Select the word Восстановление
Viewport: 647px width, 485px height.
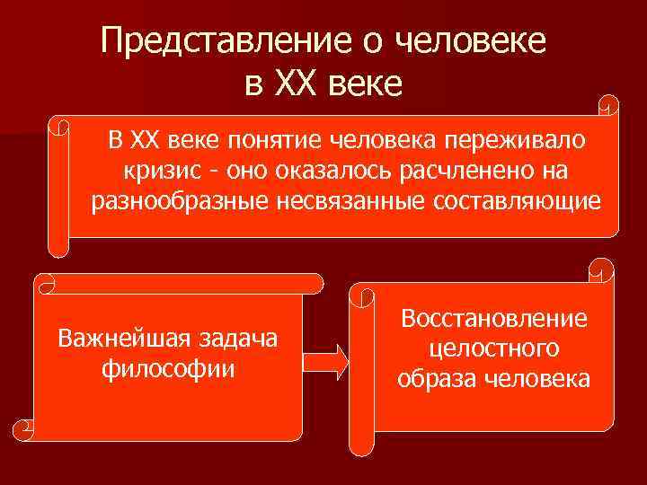(495, 318)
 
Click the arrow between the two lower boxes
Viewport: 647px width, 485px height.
(325, 361)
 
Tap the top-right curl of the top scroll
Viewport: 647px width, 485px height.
(608, 105)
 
